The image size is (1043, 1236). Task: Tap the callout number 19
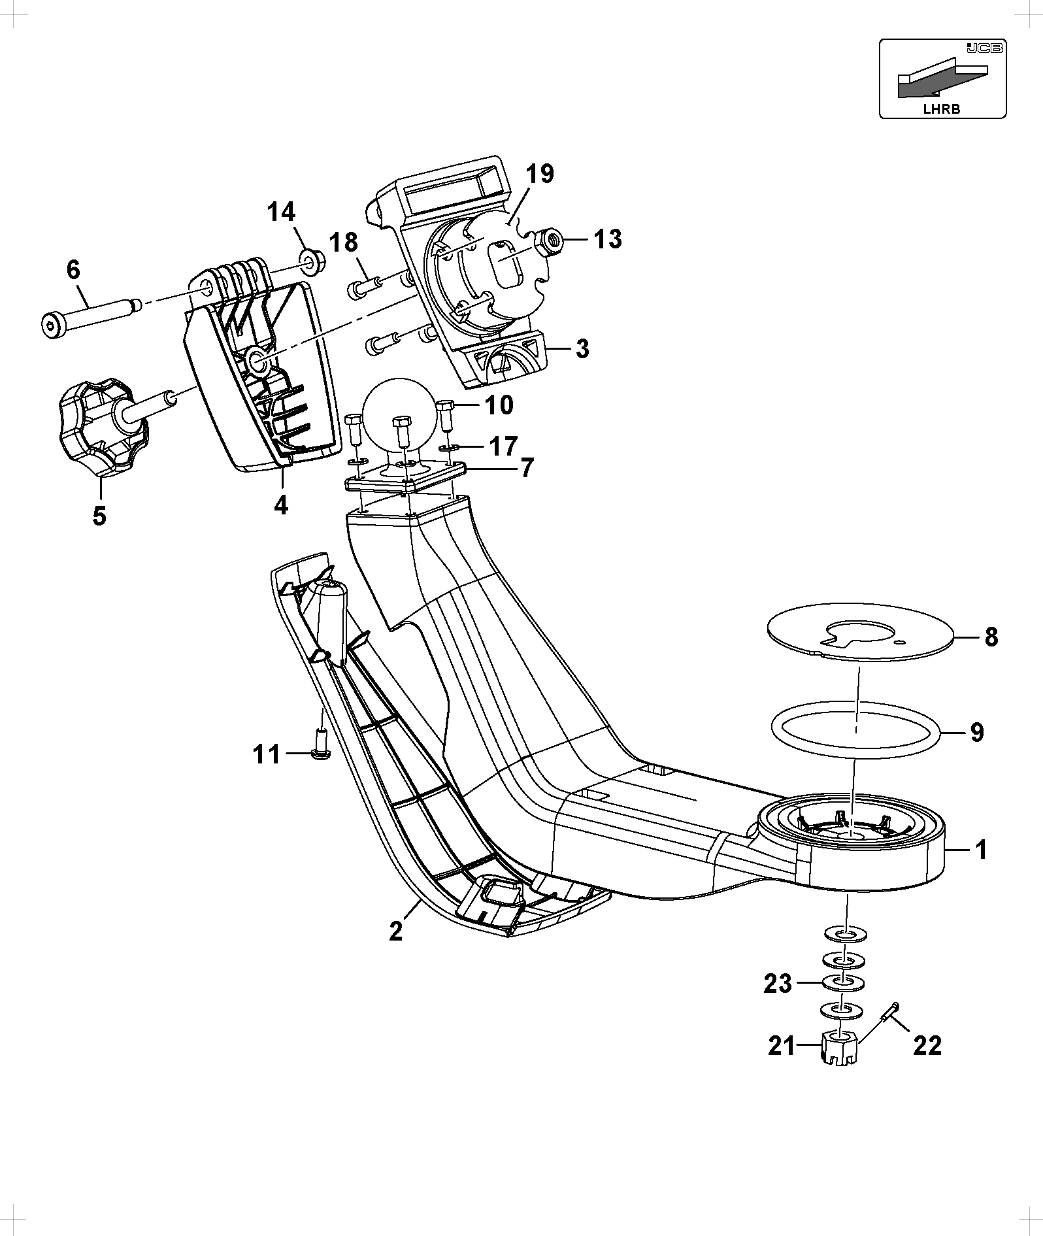[540, 174]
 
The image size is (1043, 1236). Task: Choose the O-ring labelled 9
[856, 731]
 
